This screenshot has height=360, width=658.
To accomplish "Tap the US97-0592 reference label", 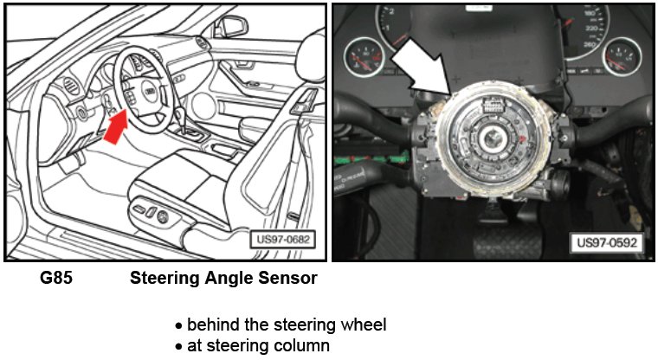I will [608, 243].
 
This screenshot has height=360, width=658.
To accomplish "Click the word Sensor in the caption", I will [286, 279].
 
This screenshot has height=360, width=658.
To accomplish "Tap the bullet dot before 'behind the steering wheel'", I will [178, 326].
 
